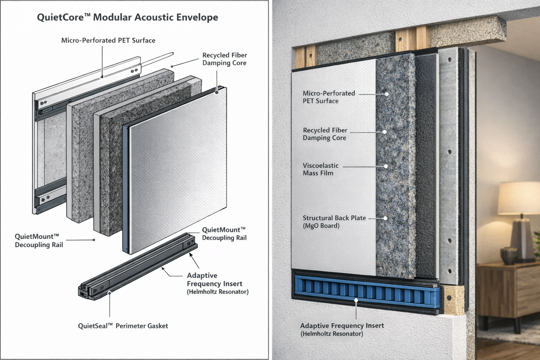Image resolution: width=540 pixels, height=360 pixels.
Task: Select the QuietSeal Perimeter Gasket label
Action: (123, 326)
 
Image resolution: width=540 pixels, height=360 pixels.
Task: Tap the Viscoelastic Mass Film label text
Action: (320, 169)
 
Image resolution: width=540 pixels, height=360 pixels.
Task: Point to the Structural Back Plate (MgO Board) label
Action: (334, 222)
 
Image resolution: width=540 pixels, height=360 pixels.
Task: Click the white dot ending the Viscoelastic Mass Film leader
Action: (386, 166)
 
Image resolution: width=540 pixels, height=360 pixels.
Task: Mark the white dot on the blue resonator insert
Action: (356, 300)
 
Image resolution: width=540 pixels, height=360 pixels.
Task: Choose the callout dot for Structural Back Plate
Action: (385, 218)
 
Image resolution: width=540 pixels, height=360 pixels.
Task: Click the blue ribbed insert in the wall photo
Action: (366, 290)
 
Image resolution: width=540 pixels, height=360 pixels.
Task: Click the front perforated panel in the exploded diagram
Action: (176, 169)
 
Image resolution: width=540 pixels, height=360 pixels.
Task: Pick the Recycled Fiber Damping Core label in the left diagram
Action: (224, 59)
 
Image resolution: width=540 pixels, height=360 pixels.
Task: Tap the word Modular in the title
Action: (114, 17)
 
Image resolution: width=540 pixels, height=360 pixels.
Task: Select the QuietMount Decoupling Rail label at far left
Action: (39, 240)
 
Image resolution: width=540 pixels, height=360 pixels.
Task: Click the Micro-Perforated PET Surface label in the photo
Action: (329, 97)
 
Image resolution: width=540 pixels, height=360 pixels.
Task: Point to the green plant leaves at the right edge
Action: (536, 243)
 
